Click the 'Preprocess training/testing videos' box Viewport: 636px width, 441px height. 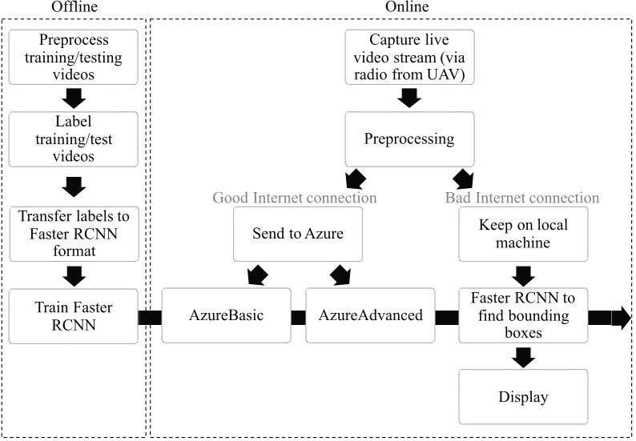(x=74, y=55)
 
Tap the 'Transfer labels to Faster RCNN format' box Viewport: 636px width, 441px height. (x=74, y=231)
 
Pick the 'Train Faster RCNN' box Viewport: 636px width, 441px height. (x=74, y=316)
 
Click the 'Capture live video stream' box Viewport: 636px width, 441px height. (x=410, y=55)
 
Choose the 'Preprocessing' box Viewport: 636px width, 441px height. (x=410, y=139)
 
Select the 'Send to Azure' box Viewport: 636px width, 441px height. (x=297, y=235)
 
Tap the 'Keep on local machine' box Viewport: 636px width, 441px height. (x=522, y=235)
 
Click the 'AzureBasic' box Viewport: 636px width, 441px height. (x=227, y=315)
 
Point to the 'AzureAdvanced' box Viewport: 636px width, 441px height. (x=371, y=315)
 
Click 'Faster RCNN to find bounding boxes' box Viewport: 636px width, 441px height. (x=522, y=315)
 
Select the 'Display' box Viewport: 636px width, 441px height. (x=522, y=397)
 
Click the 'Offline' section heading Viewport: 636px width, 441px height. (x=74, y=8)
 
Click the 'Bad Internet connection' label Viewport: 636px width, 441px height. (x=522, y=197)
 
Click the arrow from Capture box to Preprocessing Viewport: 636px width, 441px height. (x=410, y=97)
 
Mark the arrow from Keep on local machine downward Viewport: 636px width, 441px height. (x=522, y=275)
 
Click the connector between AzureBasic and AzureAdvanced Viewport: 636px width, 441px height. (x=299, y=318)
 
